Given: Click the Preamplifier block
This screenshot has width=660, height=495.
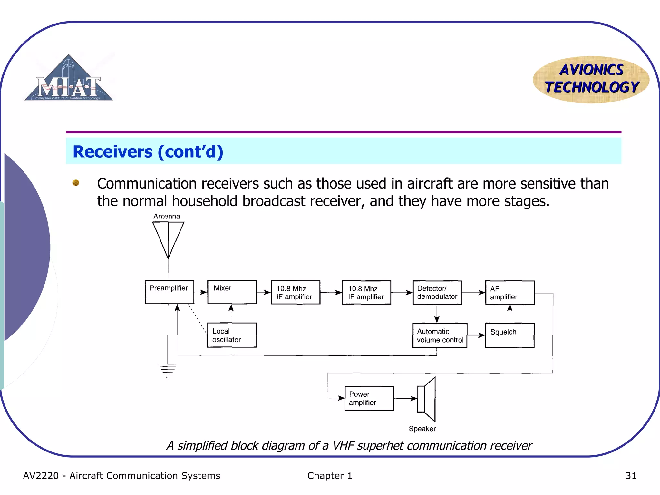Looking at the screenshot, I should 169,292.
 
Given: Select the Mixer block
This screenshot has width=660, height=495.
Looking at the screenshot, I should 232,292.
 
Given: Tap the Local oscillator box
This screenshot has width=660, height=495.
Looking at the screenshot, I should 232,335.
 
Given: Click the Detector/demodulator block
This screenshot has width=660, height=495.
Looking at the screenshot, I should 437,292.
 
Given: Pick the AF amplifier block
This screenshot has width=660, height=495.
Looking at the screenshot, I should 510,293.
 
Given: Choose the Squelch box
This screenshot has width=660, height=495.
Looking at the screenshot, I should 510,335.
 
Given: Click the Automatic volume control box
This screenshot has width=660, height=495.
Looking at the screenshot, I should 440,335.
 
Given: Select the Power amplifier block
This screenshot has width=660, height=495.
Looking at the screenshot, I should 369,398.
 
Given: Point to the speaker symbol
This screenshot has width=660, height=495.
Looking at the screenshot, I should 427,399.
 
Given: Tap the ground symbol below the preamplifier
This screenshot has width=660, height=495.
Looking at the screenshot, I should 168,371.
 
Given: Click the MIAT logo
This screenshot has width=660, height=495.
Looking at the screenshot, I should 69,79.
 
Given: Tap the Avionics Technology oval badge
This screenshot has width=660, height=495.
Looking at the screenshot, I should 591,79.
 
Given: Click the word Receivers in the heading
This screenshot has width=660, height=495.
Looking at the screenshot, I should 112,151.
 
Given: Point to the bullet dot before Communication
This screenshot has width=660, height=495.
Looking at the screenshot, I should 76,183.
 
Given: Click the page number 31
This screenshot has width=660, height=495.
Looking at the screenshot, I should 631,476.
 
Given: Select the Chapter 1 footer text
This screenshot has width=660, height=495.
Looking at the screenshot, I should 329,476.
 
